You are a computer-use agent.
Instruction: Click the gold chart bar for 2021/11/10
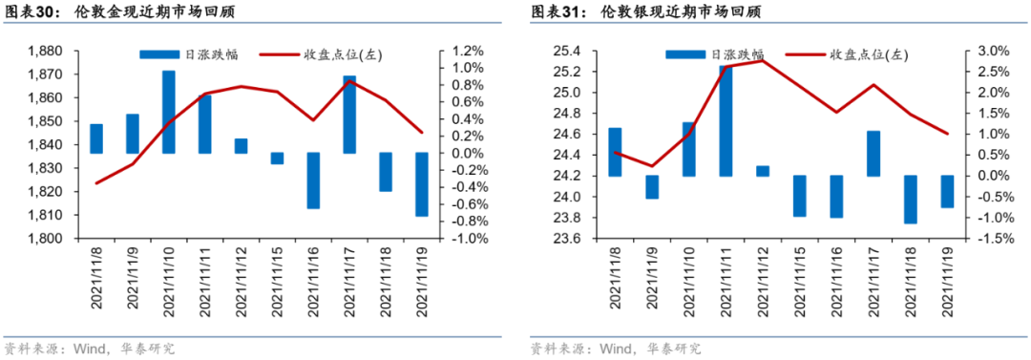coord(168,112)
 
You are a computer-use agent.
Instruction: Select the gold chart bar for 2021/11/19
coord(421,184)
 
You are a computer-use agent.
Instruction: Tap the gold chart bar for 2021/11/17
coord(348,115)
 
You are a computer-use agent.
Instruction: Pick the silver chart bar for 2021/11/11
coord(726,120)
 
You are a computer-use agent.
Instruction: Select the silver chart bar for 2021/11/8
coord(615,152)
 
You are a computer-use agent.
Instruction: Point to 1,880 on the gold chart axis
coord(47,52)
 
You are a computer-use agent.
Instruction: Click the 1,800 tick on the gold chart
coord(47,239)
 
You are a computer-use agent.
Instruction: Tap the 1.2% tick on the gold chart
coord(469,52)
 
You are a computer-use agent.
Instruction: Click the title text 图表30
coord(29,13)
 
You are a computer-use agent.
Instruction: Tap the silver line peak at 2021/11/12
coord(763,61)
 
